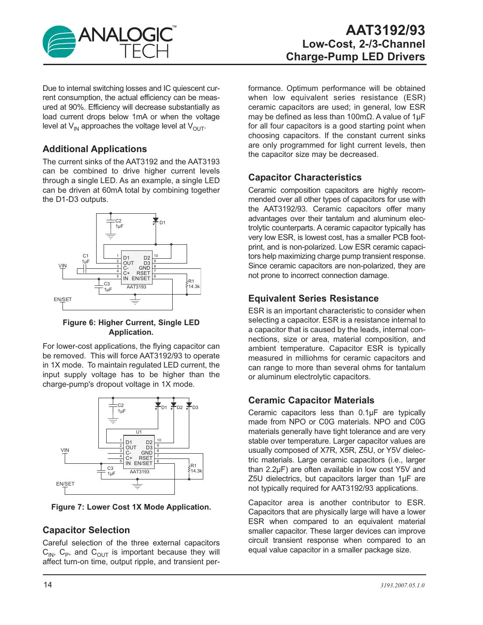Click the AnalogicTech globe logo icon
pos(59,42)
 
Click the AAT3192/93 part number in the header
pos(385,30)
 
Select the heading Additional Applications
pos(95,149)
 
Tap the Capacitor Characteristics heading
pos(305,177)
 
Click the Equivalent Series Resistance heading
pos(313,299)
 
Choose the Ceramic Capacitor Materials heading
pos(311,400)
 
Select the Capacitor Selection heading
pos(86,530)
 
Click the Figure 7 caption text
pos(131,507)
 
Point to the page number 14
pos(47,585)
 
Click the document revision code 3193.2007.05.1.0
pos(402,585)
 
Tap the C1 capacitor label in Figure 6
pos(86,256)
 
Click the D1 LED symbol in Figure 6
pos(156,221)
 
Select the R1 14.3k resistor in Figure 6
pos(188,284)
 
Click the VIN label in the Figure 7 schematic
pos(65,450)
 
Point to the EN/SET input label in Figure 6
pos(63,299)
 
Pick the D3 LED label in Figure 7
pos(195,407)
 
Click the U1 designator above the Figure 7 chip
pos(139,432)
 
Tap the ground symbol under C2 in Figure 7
pos(113,421)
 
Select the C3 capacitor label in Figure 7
pos(110,468)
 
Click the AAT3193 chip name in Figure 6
pos(136,287)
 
